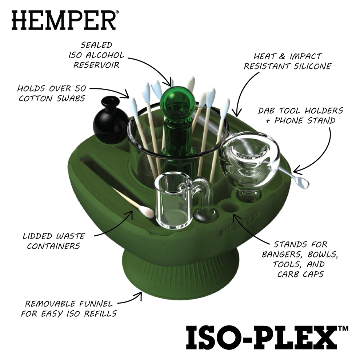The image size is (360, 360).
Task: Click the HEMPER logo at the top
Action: [x=64, y=20]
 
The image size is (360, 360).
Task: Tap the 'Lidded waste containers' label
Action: [x=53, y=241]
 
